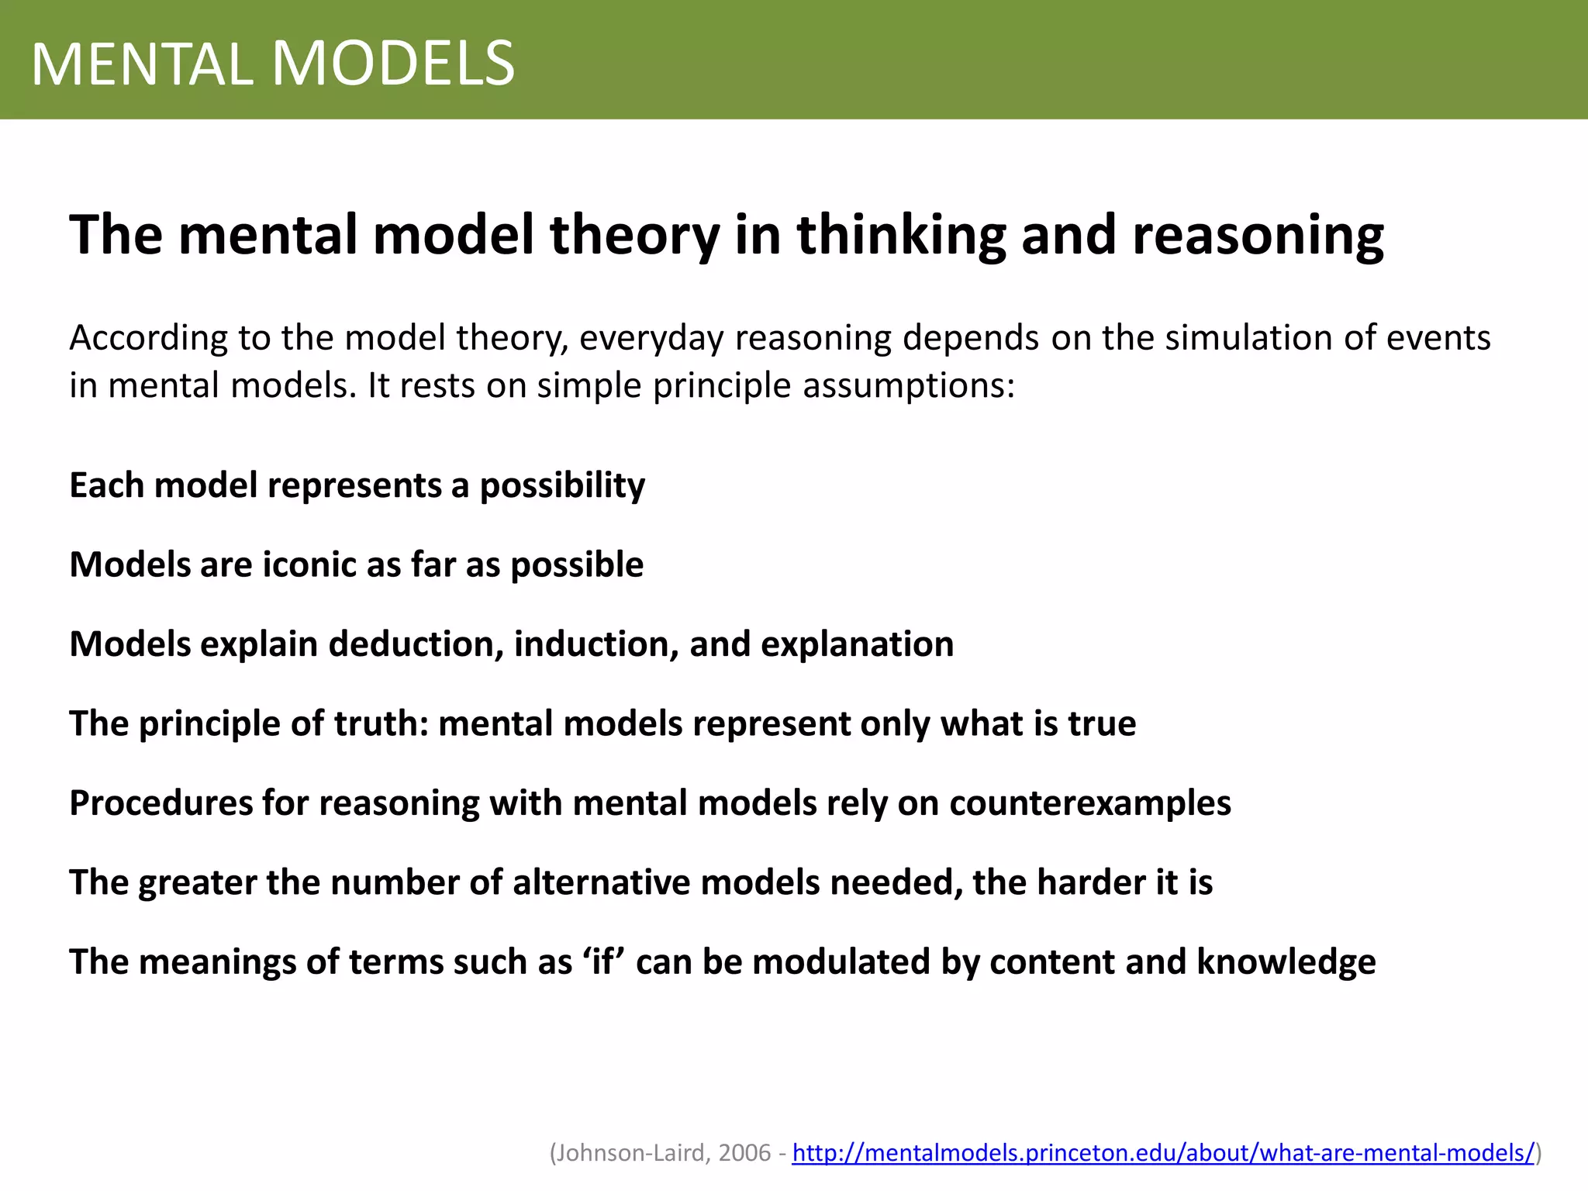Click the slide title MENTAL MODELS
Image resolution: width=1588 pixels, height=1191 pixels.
tap(273, 64)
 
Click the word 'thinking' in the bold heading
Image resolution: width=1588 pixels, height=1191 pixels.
tap(900, 235)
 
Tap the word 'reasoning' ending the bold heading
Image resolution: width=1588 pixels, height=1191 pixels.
tap(1258, 235)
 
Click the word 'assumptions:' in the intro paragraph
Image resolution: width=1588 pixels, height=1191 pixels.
tap(909, 386)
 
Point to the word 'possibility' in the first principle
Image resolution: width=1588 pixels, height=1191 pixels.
tap(562, 486)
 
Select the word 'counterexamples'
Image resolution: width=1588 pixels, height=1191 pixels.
tap(1090, 803)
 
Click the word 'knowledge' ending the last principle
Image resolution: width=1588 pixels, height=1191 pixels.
tap(1286, 961)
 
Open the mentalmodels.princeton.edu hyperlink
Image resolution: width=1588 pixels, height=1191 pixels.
tap(1163, 1153)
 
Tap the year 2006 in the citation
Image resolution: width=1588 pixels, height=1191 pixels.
tap(744, 1153)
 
